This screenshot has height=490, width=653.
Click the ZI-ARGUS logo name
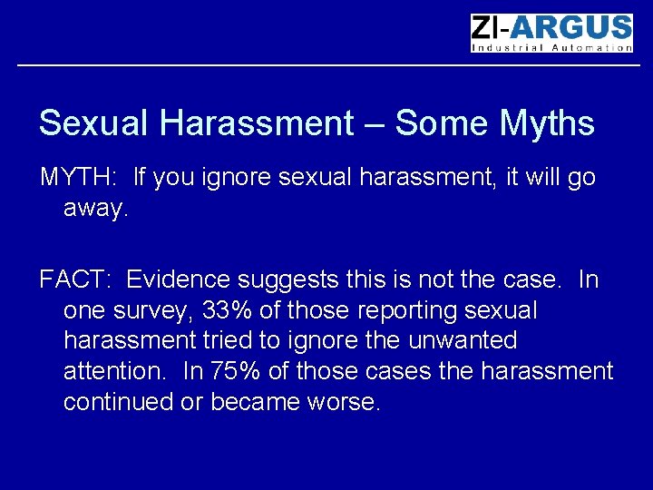pyautogui.click(x=551, y=28)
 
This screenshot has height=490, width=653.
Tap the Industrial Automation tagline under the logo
pyautogui.click(x=551, y=48)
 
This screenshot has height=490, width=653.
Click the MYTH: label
pyautogui.click(x=79, y=177)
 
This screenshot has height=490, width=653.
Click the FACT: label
pyautogui.click(x=77, y=279)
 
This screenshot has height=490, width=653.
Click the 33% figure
pyautogui.click(x=227, y=310)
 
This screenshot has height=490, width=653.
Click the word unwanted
pyautogui.click(x=463, y=341)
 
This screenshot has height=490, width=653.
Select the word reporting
pyautogui.click(x=408, y=311)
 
